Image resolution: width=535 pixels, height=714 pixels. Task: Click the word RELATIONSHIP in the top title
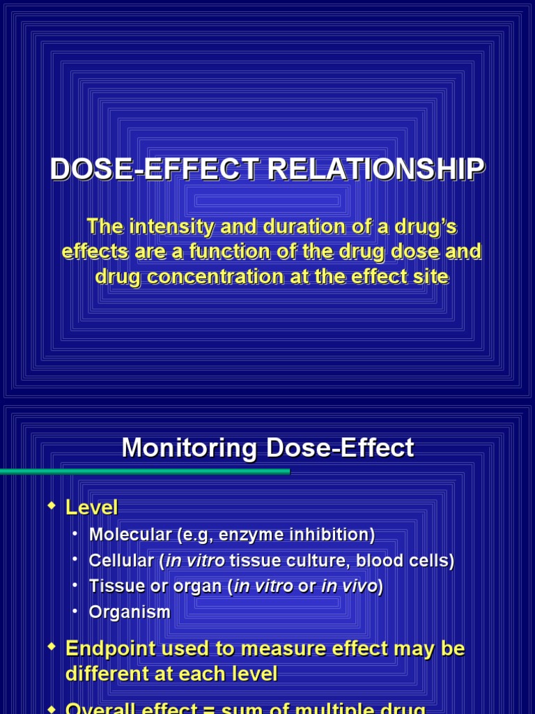tap(388, 169)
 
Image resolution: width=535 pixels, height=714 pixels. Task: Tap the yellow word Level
tap(91, 507)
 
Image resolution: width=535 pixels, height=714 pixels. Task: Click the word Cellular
tap(120, 561)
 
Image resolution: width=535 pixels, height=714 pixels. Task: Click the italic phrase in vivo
tap(348, 586)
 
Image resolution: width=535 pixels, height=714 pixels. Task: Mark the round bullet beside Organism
tap(75, 612)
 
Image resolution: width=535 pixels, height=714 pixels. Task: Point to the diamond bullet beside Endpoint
tap(50, 648)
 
